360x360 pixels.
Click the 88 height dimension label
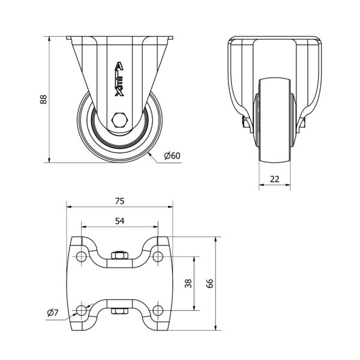coord(43,100)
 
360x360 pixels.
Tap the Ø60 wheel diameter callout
coord(172,155)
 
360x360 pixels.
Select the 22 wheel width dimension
coord(275,179)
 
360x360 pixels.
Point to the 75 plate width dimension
coord(119,201)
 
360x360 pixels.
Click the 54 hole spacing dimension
coord(119,221)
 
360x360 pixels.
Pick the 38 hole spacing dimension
coord(188,283)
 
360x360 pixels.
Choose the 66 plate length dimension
coord(209,283)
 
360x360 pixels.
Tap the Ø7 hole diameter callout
coord(53,313)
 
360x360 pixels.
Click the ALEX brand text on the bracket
coord(119,79)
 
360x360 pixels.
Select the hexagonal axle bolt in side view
coord(119,120)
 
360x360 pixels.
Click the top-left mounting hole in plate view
coord(81,256)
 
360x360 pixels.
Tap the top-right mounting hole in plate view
coord(158,256)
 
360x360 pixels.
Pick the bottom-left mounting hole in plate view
coord(81,311)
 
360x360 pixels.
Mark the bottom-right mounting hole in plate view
coord(158,311)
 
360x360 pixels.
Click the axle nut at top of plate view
coord(119,255)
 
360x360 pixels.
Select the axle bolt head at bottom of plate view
coord(119,311)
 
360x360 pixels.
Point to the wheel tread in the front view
coord(275,121)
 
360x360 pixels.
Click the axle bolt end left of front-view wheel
coord(244,122)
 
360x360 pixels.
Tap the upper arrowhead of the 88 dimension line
coord(49,39)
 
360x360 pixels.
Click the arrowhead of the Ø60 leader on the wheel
coord(149,154)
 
